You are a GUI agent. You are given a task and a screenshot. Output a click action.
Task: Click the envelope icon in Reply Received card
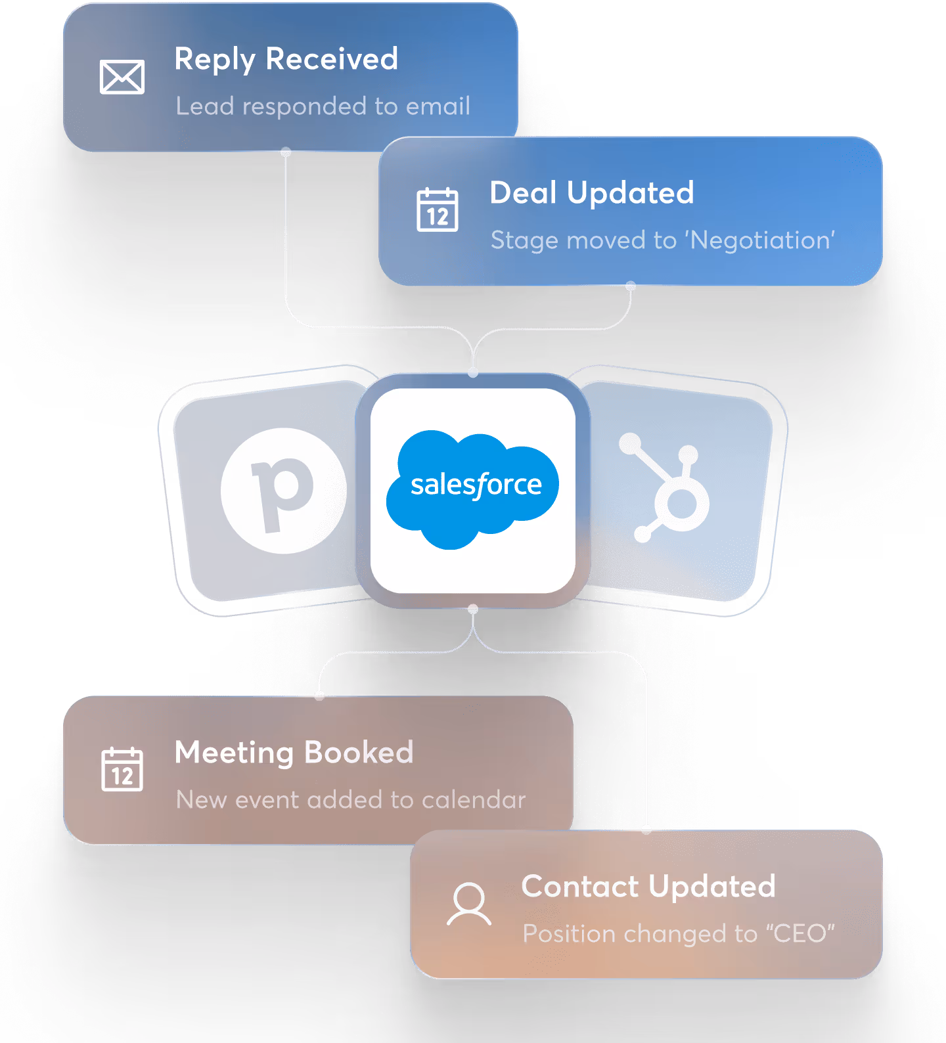[122, 77]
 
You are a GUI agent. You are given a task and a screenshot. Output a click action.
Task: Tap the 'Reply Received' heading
[286, 59]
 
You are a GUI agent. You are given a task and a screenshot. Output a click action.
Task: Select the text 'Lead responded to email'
[323, 106]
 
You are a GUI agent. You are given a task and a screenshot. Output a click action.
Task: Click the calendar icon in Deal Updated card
[438, 210]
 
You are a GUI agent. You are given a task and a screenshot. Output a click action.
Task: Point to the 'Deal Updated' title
[591, 193]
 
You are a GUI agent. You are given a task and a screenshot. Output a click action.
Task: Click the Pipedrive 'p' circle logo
[283, 490]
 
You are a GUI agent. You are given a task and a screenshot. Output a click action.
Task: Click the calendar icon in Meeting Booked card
[122, 769]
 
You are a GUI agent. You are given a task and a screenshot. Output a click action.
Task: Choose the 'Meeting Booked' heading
[294, 753]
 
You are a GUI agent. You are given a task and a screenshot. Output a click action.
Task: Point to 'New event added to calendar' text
[351, 800]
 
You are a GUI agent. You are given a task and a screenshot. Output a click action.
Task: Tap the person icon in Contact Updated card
[469, 904]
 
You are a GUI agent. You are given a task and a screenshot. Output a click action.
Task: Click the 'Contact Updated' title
[648, 887]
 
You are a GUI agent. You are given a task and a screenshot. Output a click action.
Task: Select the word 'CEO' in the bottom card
[800, 934]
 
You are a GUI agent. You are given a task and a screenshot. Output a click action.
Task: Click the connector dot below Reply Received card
[286, 152]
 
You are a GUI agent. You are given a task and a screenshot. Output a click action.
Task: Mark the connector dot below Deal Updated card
[631, 286]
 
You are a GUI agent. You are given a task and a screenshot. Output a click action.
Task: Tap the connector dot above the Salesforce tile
[473, 372]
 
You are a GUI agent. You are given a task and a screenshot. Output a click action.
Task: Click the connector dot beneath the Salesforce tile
[473, 610]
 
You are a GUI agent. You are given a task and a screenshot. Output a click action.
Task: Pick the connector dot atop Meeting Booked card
[319, 696]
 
